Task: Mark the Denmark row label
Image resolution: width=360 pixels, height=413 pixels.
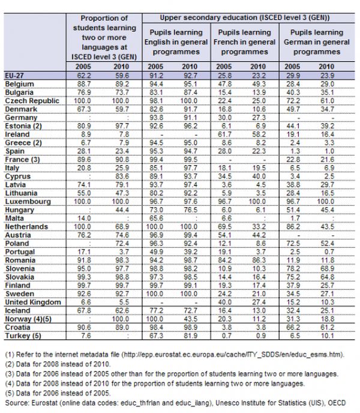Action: coord(20,108)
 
